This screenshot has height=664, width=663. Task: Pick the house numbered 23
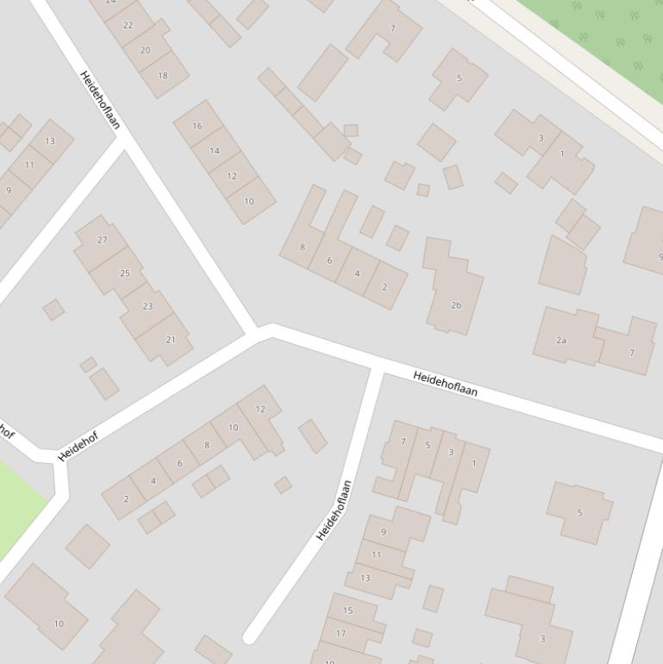(x=147, y=306)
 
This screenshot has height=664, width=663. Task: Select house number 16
(x=197, y=126)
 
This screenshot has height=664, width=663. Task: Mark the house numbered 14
(x=214, y=151)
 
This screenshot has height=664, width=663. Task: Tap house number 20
(x=145, y=50)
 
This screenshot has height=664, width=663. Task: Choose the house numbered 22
(x=128, y=25)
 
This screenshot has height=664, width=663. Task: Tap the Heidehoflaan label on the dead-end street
(x=335, y=510)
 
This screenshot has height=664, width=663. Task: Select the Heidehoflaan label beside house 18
(x=99, y=100)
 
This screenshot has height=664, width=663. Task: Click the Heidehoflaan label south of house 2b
(x=445, y=384)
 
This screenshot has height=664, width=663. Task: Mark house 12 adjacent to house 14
(x=232, y=176)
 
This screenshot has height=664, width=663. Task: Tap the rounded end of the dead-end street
(x=250, y=637)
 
